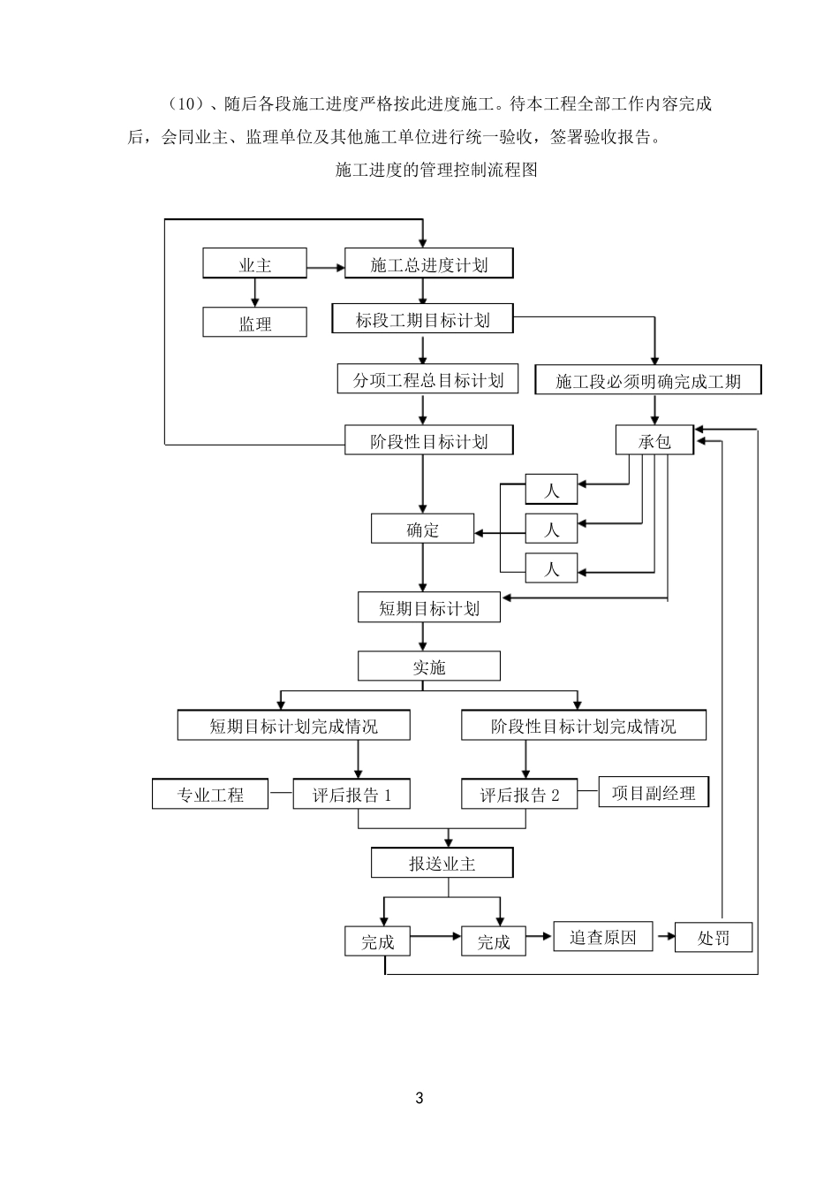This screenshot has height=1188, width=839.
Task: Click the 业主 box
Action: pyautogui.click(x=254, y=264)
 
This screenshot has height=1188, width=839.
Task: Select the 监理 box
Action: pyautogui.click(x=254, y=324)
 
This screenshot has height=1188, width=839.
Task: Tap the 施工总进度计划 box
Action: pyautogui.click(x=428, y=264)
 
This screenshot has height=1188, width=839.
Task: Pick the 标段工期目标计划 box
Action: pyautogui.click(x=422, y=319)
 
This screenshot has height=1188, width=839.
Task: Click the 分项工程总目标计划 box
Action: pyautogui.click(x=428, y=380)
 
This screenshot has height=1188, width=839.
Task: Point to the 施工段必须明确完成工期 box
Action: pyautogui.click(x=648, y=382)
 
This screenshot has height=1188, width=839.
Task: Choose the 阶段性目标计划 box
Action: pyautogui.click(x=428, y=440)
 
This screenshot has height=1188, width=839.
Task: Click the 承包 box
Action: pyautogui.click(x=654, y=440)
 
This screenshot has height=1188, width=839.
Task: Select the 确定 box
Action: pyautogui.click(x=422, y=529)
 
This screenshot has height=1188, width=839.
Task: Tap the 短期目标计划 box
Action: pyautogui.click(x=428, y=608)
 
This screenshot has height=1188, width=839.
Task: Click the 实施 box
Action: pyautogui.click(x=428, y=666)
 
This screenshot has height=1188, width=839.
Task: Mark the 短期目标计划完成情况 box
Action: pyautogui.click(x=293, y=726)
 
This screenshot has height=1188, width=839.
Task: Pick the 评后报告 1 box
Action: pyautogui.click(x=351, y=795)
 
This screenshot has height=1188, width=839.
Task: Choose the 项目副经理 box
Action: pyautogui.click(x=654, y=793)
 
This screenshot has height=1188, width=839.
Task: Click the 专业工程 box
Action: pyautogui.click(x=210, y=795)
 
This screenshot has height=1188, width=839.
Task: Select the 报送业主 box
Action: pyautogui.click(x=442, y=864)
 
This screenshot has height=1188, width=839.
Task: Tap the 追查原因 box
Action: pyautogui.click(x=602, y=937)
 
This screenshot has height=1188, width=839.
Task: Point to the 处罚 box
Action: pyautogui.click(x=713, y=938)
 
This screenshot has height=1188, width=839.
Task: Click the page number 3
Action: pyautogui.click(x=419, y=1099)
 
